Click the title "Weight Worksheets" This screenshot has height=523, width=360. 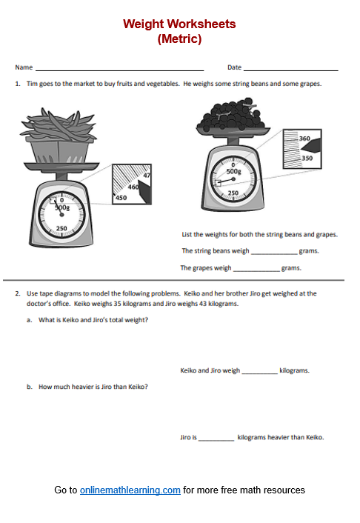(x=179, y=24)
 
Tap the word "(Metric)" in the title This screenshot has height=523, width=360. (x=179, y=39)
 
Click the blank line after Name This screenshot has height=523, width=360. (x=119, y=69)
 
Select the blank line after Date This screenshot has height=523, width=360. (x=291, y=69)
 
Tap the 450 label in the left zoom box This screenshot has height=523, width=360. (x=121, y=198)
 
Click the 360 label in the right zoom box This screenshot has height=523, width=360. (x=304, y=139)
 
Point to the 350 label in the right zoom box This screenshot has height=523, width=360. (x=304, y=159)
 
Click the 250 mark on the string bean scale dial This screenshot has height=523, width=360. (x=62, y=228)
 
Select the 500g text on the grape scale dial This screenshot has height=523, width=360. (x=233, y=171)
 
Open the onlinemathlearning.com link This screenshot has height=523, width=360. (x=130, y=490)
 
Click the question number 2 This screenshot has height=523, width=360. (x=17, y=293)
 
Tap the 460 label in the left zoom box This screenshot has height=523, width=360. (x=134, y=187)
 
